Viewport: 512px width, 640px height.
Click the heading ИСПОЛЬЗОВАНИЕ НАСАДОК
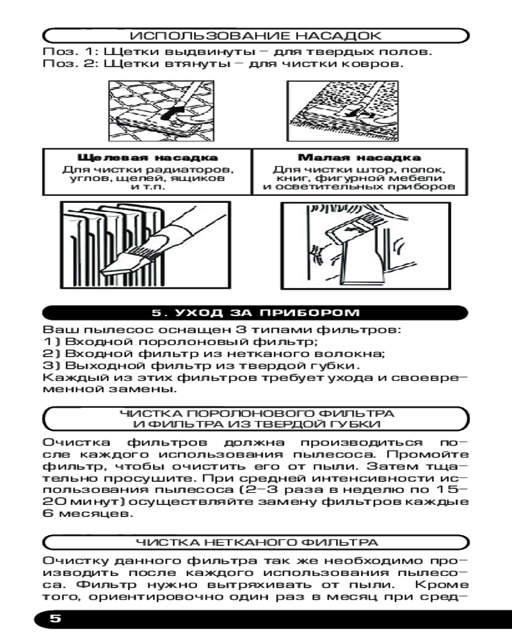[x=256, y=35]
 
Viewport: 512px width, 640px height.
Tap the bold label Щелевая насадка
[x=147, y=157]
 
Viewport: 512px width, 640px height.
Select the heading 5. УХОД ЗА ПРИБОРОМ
[x=256, y=313]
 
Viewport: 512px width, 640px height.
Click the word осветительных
[x=327, y=188]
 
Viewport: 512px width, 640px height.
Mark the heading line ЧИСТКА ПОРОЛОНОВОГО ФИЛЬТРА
[x=256, y=413]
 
